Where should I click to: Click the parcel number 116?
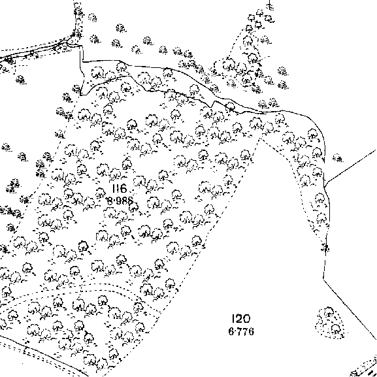point(120,188)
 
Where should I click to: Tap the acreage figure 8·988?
point(120,201)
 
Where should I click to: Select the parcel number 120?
point(241,319)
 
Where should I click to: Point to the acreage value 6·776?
point(241,331)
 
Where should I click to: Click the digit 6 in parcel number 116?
point(123,188)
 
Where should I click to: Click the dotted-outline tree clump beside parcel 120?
point(330,323)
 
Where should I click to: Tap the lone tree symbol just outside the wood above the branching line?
point(338,158)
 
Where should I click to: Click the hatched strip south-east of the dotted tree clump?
point(364,368)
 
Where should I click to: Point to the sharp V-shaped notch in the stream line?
point(214,102)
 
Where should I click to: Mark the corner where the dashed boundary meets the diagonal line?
point(323,278)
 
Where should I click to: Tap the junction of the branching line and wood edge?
point(325,187)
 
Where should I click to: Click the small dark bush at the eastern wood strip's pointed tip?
point(325,248)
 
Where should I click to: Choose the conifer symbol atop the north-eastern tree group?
point(270,5)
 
